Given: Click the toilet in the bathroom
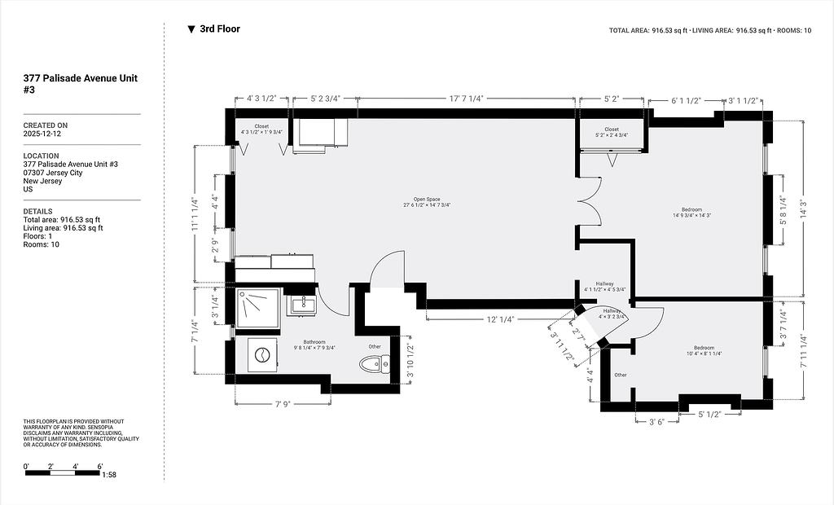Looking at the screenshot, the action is point(375,365).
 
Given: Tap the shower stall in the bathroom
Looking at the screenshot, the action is point(257,309).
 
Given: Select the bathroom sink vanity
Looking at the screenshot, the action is point(301,305).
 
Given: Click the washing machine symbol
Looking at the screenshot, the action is point(262,355).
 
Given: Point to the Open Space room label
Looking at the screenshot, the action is point(427,202).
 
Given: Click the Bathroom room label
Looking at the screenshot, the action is point(314,345).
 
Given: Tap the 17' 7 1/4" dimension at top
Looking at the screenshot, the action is point(466,99).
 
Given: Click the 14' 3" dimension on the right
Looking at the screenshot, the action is point(804,209).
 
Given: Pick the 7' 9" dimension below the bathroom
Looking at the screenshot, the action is point(283,405).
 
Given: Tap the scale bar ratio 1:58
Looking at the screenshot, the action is point(109,475).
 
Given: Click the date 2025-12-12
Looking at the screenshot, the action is point(42,134).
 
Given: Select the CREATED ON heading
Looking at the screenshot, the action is point(46,125).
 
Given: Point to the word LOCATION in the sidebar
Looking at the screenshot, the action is point(41,156).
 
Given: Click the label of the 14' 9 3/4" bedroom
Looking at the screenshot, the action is point(692,213).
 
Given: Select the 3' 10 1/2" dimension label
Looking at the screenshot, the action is point(410,360).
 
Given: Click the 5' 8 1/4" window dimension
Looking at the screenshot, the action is point(784,211).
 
